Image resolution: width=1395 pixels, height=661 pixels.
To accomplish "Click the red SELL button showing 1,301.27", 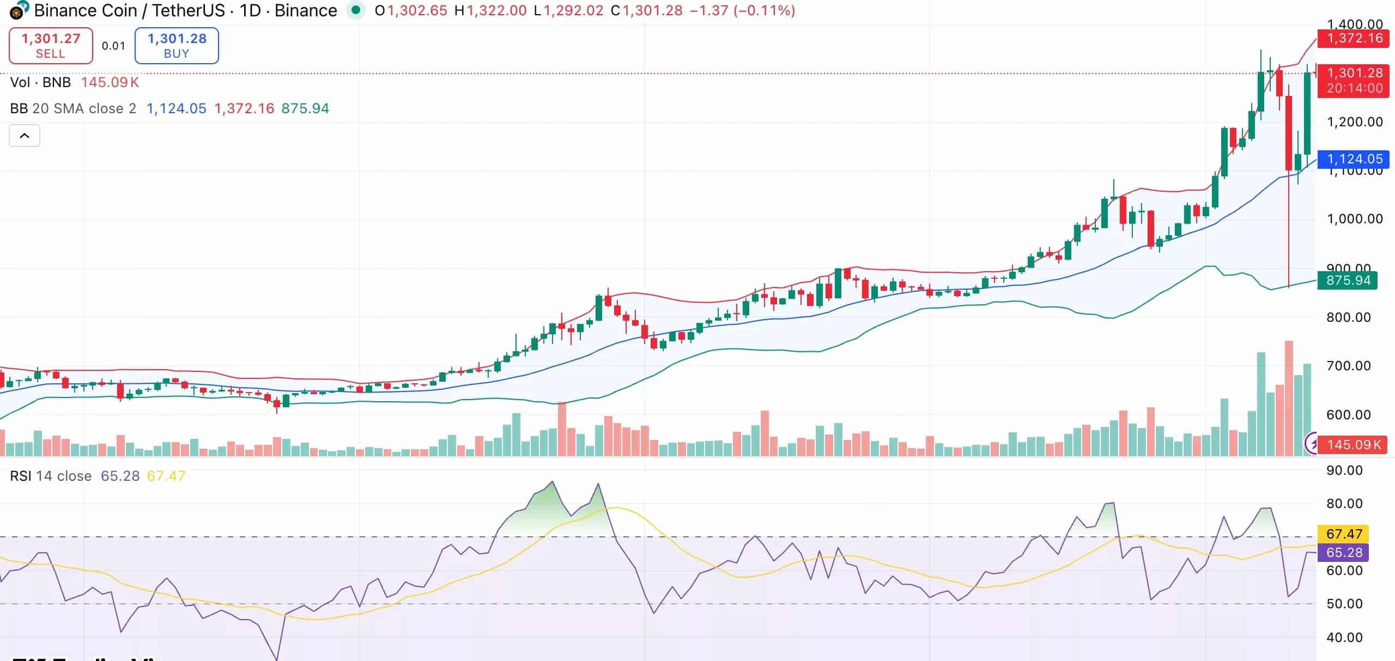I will click(51, 46).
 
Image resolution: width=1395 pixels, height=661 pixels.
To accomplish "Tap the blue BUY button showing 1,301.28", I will click(177, 46).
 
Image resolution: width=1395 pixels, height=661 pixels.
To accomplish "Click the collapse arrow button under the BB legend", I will click(25, 136).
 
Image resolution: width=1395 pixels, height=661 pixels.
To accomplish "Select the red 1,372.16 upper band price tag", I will click(1354, 38).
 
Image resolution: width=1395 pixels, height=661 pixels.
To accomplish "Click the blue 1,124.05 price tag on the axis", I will click(1354, 159).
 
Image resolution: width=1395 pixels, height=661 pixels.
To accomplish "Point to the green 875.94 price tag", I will click(1348, 280).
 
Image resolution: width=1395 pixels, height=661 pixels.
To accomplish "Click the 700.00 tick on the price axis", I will click(1348, 365).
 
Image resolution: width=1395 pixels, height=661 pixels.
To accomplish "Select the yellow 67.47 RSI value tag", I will click(1344, 534).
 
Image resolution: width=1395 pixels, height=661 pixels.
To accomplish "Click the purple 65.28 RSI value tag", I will click(1344, 553).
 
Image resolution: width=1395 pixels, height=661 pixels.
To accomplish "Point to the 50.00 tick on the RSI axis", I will click(1344, 604).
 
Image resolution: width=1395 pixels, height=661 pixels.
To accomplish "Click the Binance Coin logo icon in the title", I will click(19, 10).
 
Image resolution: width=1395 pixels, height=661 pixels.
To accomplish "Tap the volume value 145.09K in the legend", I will click(110, 82).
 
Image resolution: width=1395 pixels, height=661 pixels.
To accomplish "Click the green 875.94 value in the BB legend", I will click(305, 108).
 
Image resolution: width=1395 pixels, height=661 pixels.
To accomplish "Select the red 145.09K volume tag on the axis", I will click(1354, 445).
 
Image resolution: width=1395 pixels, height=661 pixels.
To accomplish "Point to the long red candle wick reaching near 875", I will click(1289, 245).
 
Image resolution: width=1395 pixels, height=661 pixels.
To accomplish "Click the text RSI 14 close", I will click(51, 476).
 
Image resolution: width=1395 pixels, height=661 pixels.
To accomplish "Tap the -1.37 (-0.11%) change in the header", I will click(742, 10).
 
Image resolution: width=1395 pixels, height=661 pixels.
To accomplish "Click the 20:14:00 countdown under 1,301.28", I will click(1354, 88).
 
